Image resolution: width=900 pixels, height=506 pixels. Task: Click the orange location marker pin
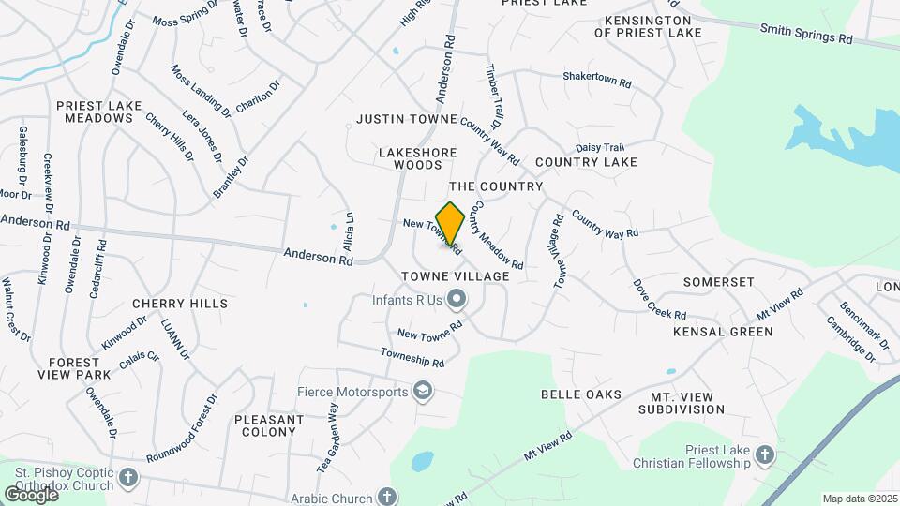[x=450, y=224]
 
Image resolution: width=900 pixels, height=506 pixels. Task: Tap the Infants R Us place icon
[x=457, y=300]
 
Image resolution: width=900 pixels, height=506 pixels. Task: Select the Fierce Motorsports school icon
[x=423, y=390]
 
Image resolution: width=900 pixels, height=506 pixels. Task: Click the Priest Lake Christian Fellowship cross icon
[x=764, y=455]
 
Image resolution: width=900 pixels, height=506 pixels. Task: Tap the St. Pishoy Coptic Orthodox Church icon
[x=128, y=479]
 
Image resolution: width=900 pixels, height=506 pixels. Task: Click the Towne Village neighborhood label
[x=455, y=276]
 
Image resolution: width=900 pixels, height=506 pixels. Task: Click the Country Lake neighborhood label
[x=586, y=162]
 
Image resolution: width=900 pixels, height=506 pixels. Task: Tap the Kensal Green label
[x=723, y=332]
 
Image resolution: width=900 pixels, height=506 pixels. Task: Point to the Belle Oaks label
[x=580, y=394]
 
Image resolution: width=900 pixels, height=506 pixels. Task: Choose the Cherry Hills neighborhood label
[x=180, y=304]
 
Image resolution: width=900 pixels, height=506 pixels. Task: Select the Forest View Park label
[x=80, y=368]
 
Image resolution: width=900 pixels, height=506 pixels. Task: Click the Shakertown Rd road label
[x=597, y=80]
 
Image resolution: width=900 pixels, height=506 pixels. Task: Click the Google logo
[x=31, y=494]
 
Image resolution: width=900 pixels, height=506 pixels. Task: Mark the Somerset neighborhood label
[x=718, y=282]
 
